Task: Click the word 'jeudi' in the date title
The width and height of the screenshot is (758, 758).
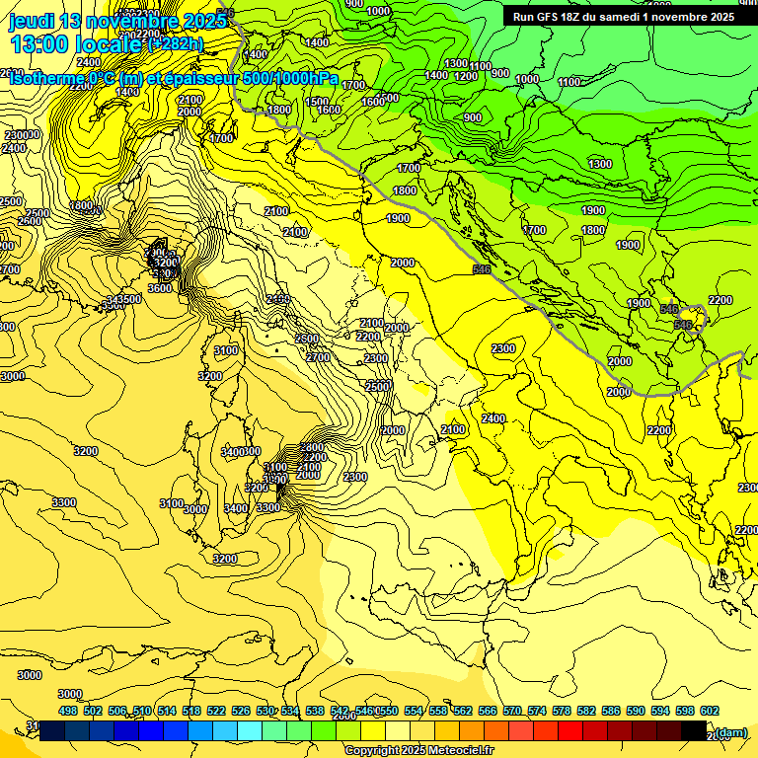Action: [31, 21]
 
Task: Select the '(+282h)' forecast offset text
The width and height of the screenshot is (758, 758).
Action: [176, 43]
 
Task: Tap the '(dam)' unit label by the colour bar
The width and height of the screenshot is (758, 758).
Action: [730, 731]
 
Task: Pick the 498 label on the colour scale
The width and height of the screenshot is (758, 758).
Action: [68, 711]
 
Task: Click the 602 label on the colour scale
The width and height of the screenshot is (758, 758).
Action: [709, 711]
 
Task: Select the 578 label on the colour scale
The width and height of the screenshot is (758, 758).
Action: [561, 711]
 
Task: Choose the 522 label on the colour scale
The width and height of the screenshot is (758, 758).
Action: [216, 711]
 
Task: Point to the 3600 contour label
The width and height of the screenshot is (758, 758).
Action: [160, 288]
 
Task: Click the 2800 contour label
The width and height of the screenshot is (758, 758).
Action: [312, 447]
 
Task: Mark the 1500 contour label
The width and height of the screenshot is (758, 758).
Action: [317, 102]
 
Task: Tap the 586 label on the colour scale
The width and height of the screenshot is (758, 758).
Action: [610, 711]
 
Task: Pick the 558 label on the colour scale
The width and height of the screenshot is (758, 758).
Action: [438, 711]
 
